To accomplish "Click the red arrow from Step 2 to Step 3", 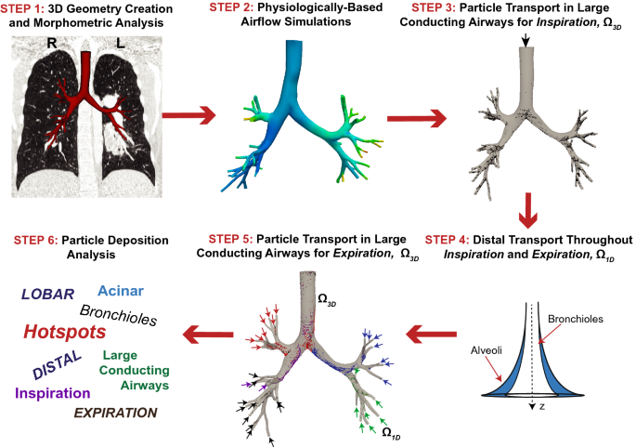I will pyautogui.click(x=415, y=117).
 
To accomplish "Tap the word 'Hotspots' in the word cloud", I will pyautogui.click(x=64, y=333).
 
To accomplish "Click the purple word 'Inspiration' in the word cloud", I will pyautogui.click(x=53, y=393).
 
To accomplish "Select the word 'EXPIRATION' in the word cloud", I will pyautogui.click(x=115, y=413).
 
